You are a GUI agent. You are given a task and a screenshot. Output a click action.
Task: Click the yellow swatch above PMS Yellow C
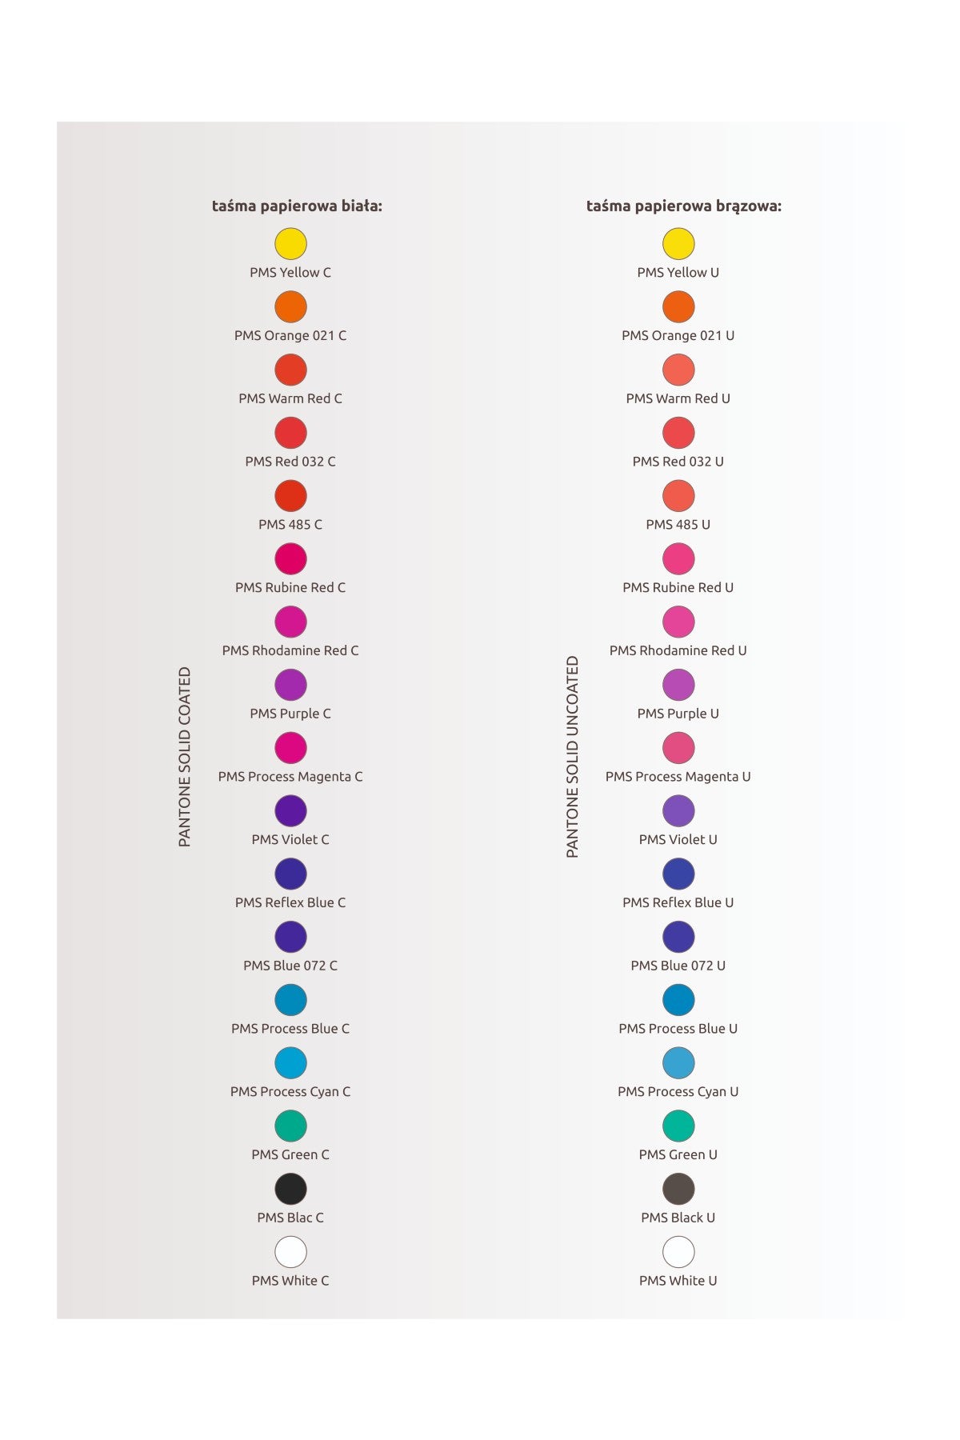click(x=290, y=243)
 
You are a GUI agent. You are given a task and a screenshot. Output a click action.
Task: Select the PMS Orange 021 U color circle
click(x=678, y=306)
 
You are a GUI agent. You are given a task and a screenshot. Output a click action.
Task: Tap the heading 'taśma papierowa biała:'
click(x=297, y=206)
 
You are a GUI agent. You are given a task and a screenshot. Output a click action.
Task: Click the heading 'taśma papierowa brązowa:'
click(x=683, y=206)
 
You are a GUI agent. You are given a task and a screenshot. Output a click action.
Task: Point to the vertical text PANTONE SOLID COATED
click(x=185, y=757)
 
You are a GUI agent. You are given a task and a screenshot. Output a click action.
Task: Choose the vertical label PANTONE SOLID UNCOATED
click(x=572, y=757)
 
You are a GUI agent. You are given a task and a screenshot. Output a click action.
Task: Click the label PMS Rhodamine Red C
click(x=290, y=650)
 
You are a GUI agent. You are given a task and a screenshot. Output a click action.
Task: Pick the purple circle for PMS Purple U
click(x=678, y=685)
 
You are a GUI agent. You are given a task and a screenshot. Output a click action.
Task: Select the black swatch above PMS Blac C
click(x=290, y=1189)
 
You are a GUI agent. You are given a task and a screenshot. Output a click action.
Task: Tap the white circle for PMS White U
click(x=678, y=1252)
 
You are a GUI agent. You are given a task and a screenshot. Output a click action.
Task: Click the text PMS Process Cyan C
click(x=290, y=1091)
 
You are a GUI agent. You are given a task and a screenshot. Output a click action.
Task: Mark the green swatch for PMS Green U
click(x=678, y=1126)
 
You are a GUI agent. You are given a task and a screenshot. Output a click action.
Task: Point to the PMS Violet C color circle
click(x=290, y=810)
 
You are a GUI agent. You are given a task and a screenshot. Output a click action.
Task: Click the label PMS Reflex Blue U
click(x=678, y=902)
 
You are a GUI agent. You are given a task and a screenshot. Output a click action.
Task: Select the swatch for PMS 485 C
click(x=290, y=495)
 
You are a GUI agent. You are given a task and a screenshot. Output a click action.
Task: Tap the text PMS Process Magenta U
click(x=678, y=776)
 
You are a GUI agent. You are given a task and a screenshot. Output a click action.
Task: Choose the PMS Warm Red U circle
click(x=678, y=370)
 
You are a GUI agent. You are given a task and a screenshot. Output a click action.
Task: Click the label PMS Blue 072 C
click(x=290, y=966)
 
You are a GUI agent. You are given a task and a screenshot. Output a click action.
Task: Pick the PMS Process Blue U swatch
click(x=678, y=1000)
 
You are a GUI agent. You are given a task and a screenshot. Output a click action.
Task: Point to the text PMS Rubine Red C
click(x=290, y=587)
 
